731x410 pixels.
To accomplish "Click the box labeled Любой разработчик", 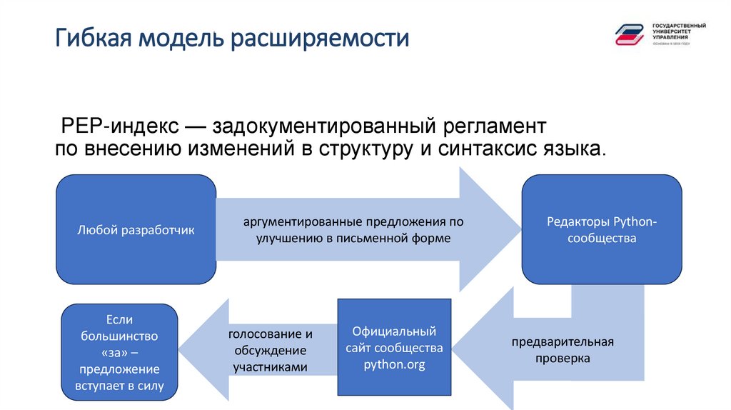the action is (136, 230).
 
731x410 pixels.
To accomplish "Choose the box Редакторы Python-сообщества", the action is (601, 230).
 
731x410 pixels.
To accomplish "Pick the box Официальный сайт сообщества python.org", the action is (394, 348).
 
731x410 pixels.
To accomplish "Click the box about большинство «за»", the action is (119, 352).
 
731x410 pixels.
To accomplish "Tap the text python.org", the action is (394, 364).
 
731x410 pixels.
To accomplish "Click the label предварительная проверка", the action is (563, 350).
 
